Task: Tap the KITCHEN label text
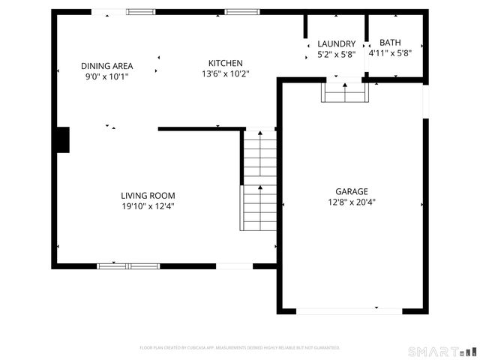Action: (x=225, y=63)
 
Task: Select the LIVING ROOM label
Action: (x=148, y=196)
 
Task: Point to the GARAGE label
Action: (x=351, y=190)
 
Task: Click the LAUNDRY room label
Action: (x=335, y=43)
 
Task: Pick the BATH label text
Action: (x=390, y=42)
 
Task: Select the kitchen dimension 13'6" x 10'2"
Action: (x=225, y=73)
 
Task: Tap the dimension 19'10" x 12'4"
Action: (x=148, y=206)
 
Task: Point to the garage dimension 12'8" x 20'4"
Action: (x=351, y=201)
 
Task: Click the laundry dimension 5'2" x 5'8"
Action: (x=335, y=54)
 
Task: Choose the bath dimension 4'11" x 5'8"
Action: (x=390, y=52)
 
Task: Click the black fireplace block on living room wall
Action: (x=62, y=140)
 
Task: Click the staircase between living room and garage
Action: (x=259, y=180)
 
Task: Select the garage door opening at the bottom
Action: (x=349, y=310)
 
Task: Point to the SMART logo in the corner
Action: (x=442, y=351)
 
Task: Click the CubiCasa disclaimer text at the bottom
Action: (x=240, y=348)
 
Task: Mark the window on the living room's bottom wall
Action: (x=129, y=265)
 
